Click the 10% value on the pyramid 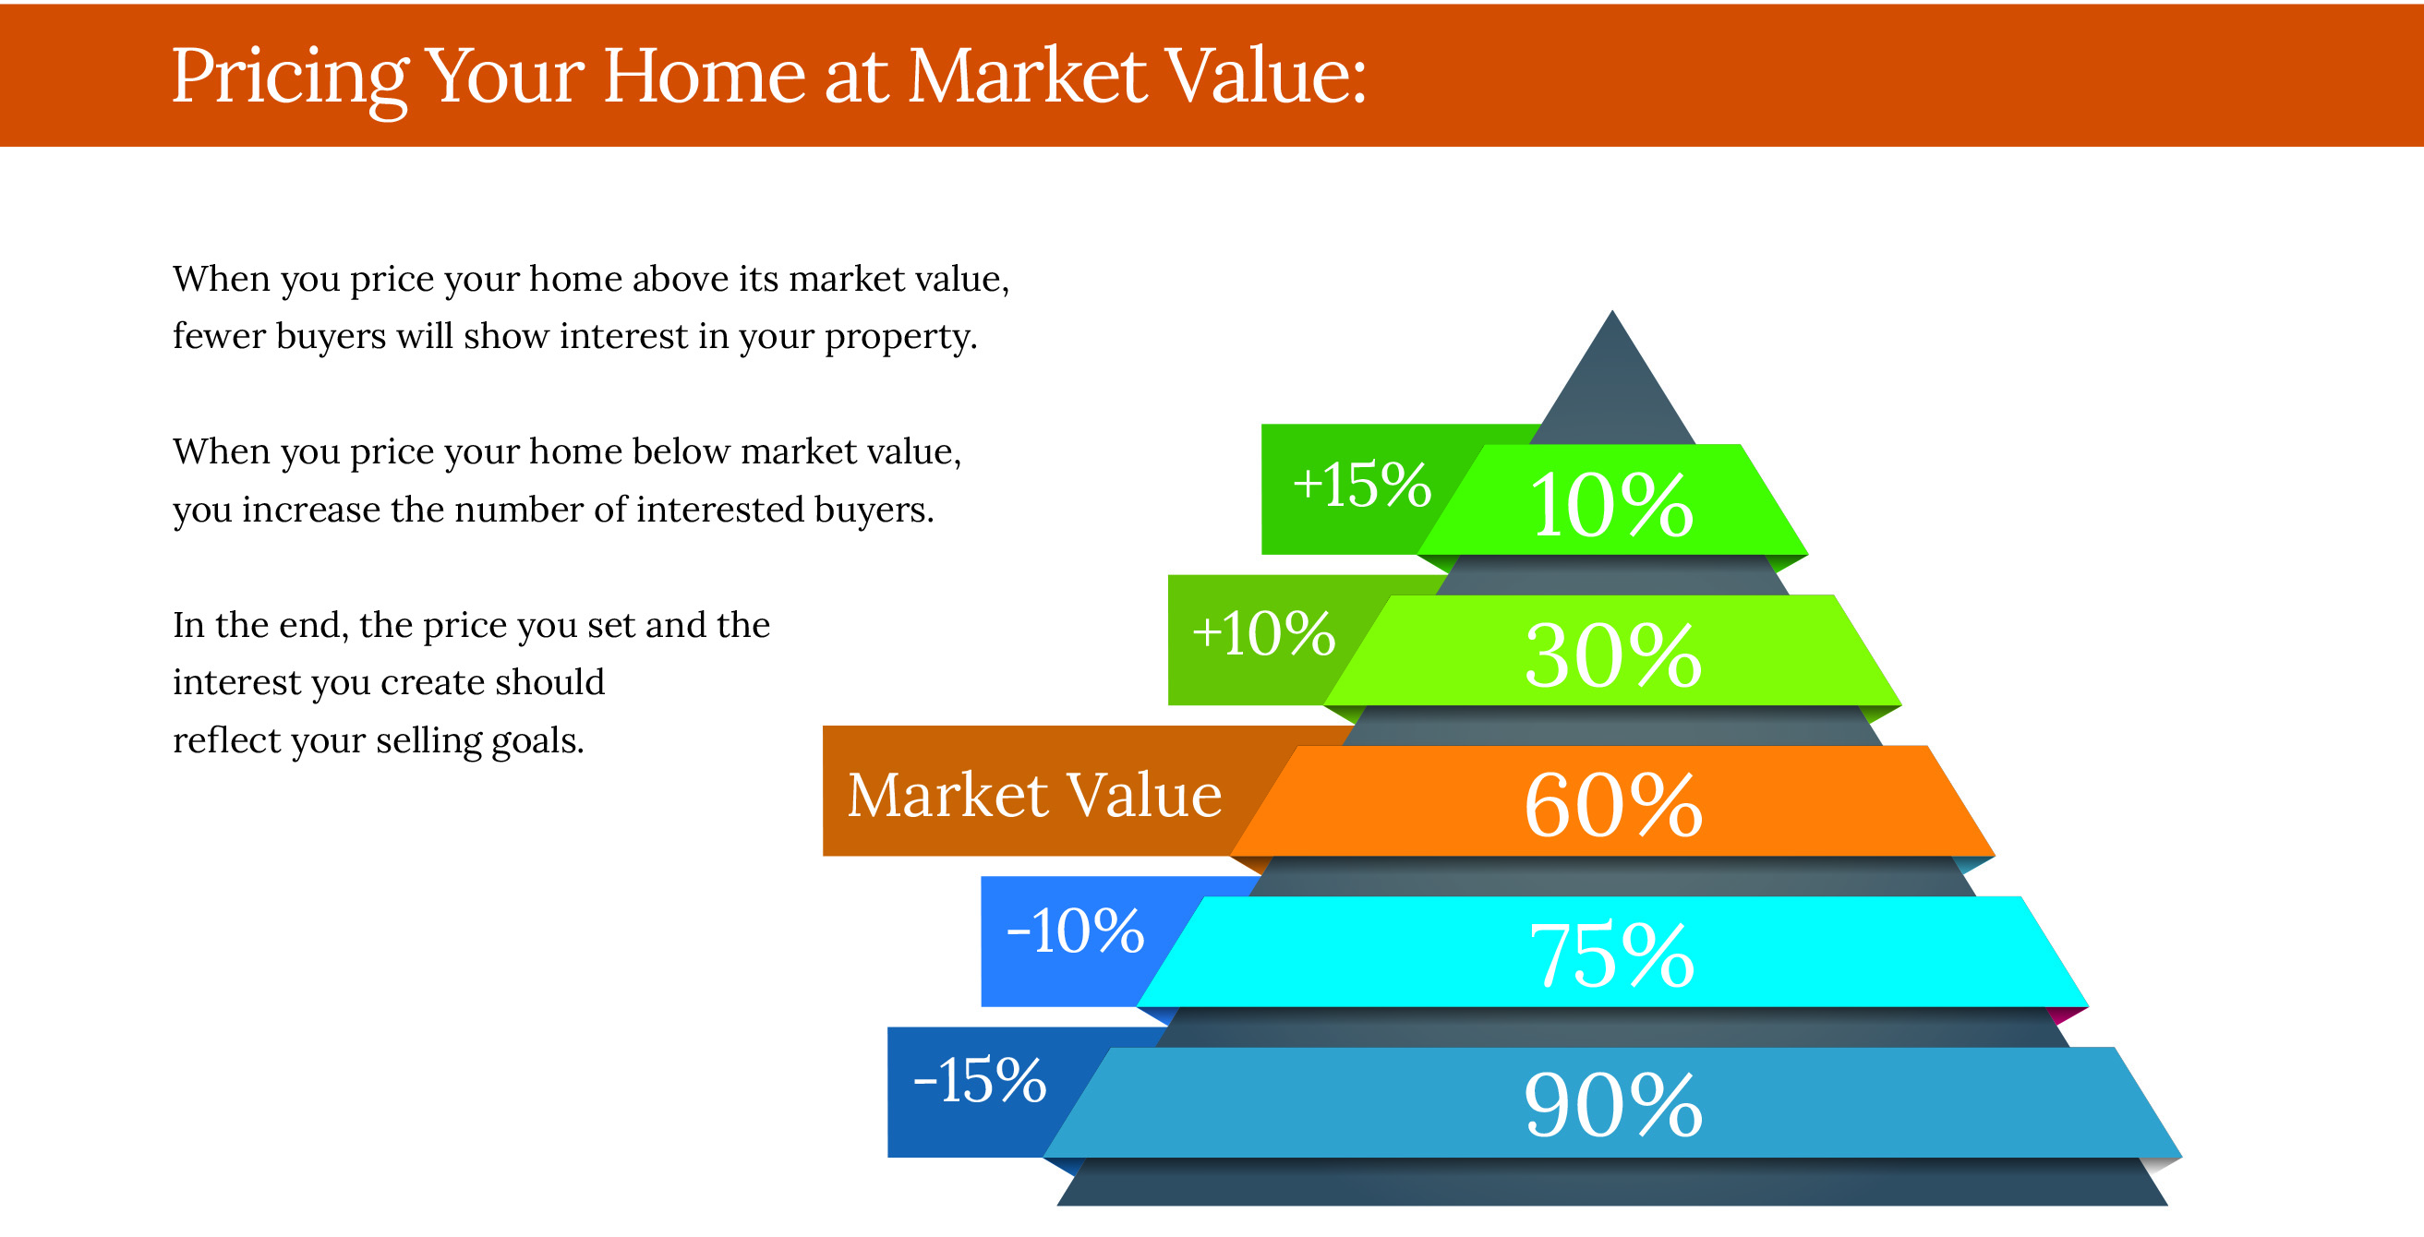tap(1611, 505)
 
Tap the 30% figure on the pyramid tap(1613, 655)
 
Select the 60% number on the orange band tap(1613, 805)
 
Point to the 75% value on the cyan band tap(1612, 955)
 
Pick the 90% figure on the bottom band tap(1613, 1105)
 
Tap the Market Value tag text tap(1034, 796)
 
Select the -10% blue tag tap(1075, 931)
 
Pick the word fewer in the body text tap(219, 336)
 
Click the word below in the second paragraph tap(681, 452)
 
